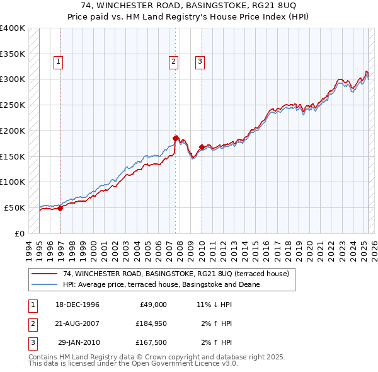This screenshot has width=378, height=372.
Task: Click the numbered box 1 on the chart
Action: [x=58, y=62]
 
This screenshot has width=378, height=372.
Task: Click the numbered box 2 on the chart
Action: [x=173, y=62]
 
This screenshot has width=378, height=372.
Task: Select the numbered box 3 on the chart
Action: [x=199, y=62]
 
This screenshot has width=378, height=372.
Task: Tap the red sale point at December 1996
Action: [x=60, y=208]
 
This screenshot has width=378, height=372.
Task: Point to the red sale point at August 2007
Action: [x=176, y=137]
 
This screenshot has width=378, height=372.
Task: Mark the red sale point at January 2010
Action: [x=202, y=147]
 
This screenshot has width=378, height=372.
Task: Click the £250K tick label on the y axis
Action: [x=13, y=105]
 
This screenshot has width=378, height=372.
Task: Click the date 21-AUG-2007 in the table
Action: [x=77, y=323]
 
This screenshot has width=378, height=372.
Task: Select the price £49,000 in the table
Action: [x=151, y=305]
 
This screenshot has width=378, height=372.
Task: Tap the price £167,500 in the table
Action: [x=151, y=342]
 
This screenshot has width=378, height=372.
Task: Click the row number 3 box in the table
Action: [x=32, y=342]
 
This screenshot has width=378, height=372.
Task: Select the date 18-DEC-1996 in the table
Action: [x=77, y=305]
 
